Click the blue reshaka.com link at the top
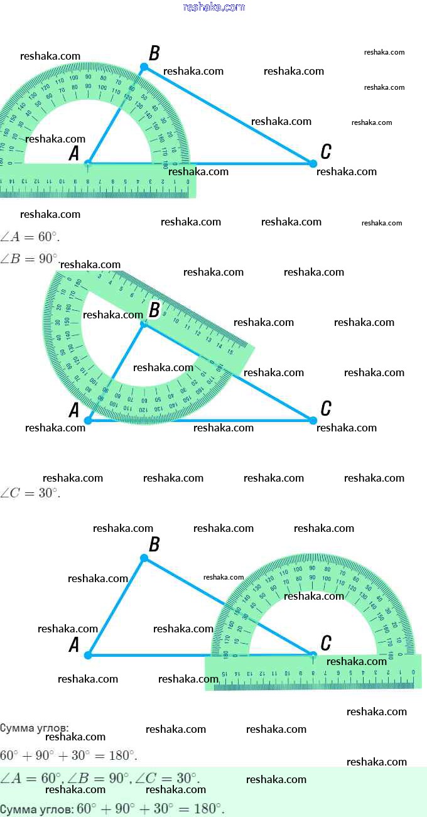point(213,7)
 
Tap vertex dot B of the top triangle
point(144,67)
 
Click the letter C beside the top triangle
point(325,151)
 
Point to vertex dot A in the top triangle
point(88,163)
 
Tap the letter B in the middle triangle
point(154,310)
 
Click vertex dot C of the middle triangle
point(313,419)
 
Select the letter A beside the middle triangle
point(73,411)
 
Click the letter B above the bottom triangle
point(154,544)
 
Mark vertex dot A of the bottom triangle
point(88,655)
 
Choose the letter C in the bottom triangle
point(325,643)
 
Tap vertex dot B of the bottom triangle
point(144,558)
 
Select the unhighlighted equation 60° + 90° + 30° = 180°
point(68,755)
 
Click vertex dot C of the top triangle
point(313,163)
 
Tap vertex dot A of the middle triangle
point(88,420)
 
